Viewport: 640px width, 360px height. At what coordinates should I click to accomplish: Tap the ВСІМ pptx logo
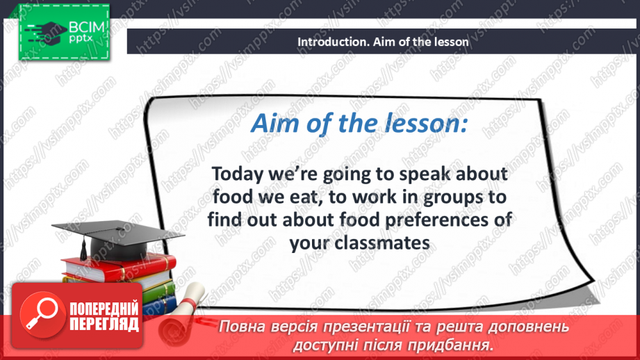pos(63,33)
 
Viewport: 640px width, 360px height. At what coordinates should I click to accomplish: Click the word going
pos(348,174)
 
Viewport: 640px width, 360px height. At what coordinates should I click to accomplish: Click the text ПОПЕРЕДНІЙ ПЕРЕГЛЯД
pos(104,317)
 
